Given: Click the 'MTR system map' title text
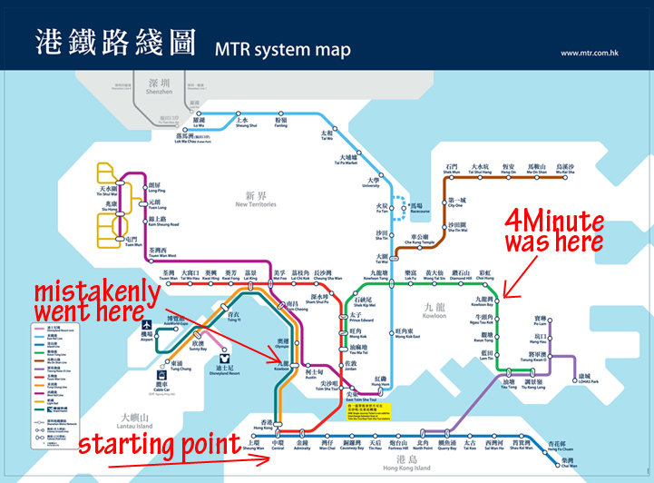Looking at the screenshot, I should pos(283,47).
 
